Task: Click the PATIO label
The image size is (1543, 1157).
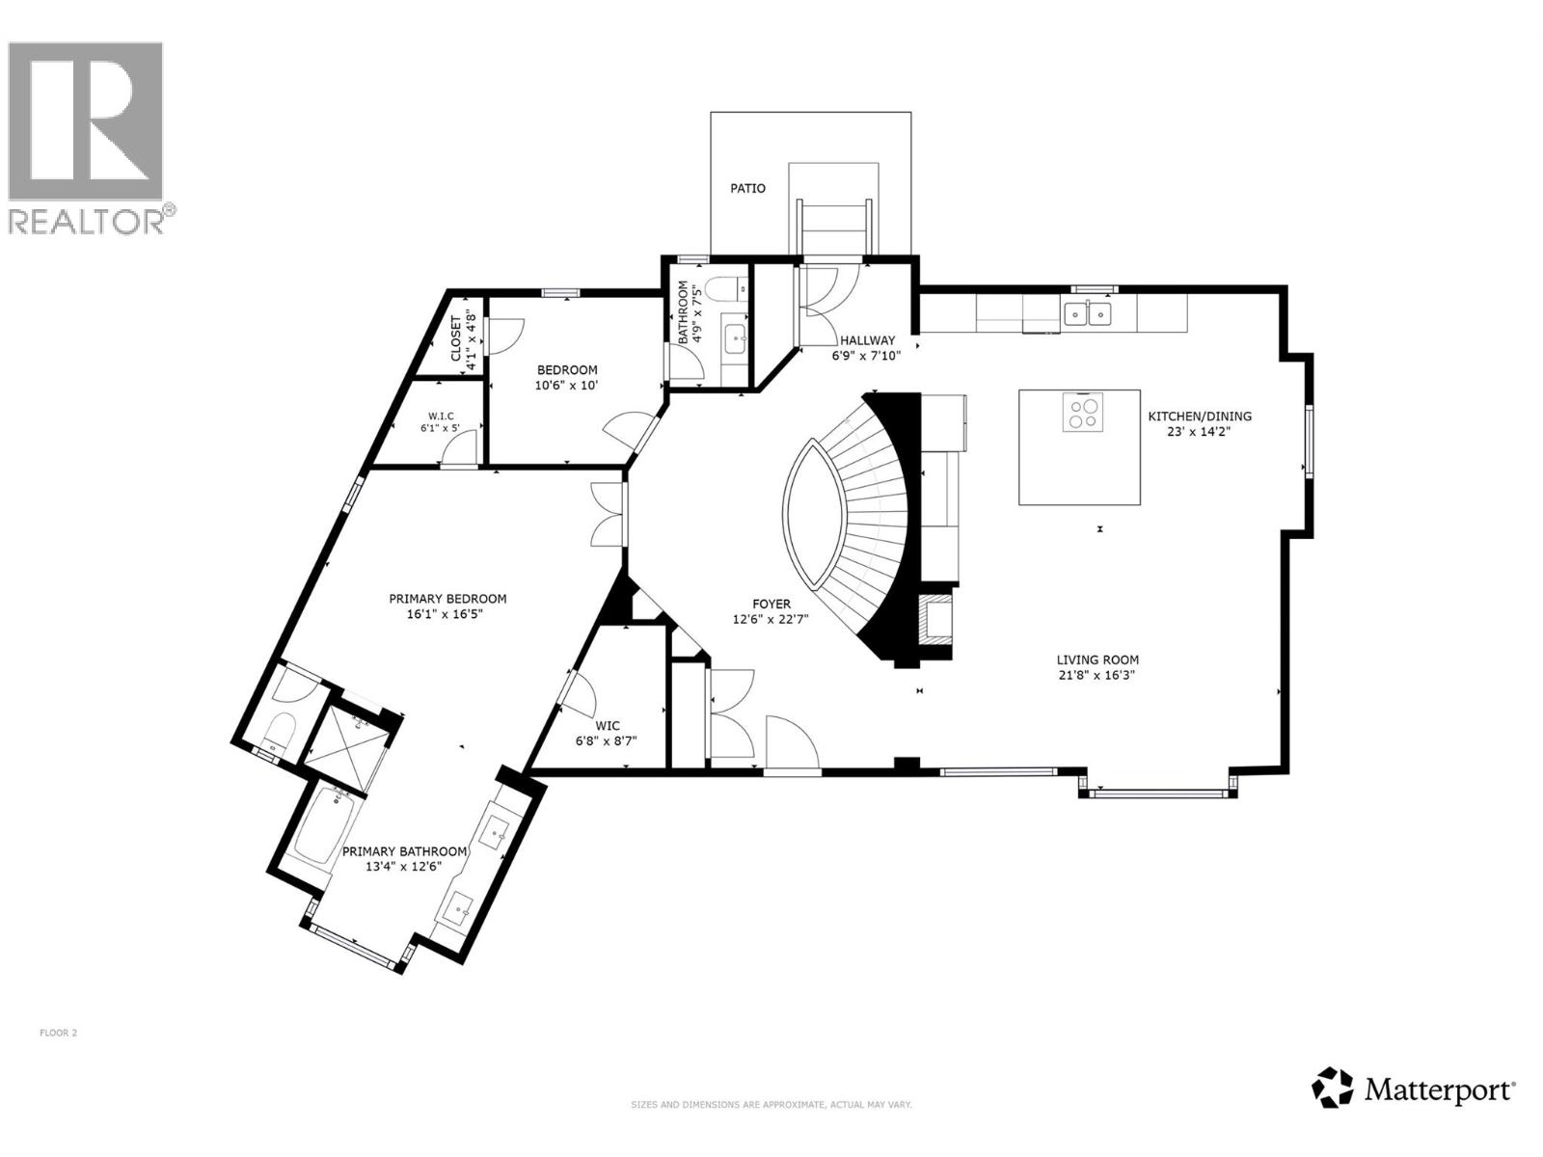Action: pos(747,188)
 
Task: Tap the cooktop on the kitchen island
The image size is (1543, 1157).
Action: pos(1082,413)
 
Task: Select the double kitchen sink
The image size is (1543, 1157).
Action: pos(1088,313)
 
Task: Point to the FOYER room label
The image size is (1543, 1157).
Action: pos(771,605)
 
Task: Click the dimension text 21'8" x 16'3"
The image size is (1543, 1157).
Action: pos(1096,675)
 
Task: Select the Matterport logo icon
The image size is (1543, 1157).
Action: pos(1333,1089)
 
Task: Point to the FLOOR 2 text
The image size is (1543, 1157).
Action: pos(58,1033)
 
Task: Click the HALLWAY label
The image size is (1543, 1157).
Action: pos(866,340)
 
